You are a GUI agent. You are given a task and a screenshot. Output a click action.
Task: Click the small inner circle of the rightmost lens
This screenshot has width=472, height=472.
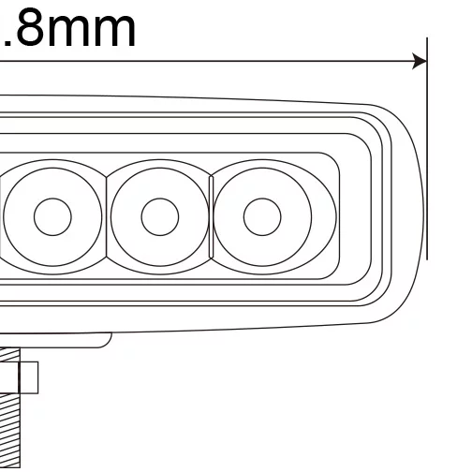click(262, 216)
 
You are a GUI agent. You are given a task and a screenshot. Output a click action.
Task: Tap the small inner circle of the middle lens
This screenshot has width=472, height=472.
click(159, 216)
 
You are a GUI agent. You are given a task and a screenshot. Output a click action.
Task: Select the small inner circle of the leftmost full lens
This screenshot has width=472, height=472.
click(53, 216)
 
